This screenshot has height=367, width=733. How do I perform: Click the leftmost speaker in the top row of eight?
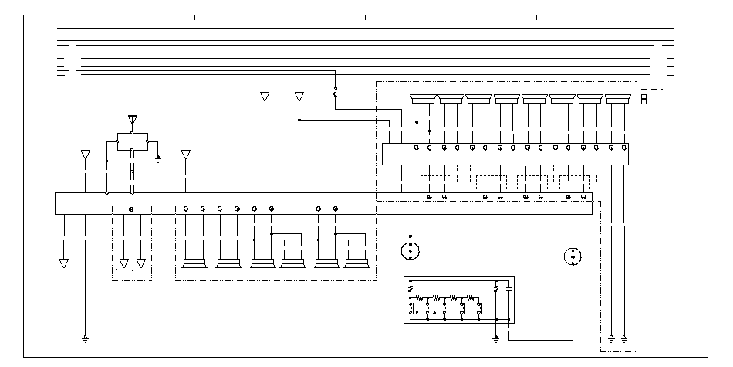tap(423, 98)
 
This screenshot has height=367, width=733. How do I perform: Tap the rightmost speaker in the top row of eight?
tap(617, 98)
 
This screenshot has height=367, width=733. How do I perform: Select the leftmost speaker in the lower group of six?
tap(194, 263)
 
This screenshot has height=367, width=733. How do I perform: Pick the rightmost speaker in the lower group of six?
tap(356, 263)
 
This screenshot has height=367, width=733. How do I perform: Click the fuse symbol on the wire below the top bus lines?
tap(335, 93)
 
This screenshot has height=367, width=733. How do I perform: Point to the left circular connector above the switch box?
tap(410, 251)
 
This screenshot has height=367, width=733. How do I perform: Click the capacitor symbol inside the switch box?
tap(508, 290)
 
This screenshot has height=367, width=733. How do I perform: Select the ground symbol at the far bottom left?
tap(85, 338)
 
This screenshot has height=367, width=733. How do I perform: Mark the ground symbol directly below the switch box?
tap(495, 338)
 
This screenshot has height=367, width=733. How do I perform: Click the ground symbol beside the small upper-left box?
tap(158, 158)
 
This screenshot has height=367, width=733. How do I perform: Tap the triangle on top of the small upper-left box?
tap(133, 121)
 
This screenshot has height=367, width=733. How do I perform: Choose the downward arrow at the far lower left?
tap(64, 263)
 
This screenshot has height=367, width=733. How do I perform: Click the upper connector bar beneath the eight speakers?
tap(505, 153)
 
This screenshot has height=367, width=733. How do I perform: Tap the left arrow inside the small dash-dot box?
tap(123, 263)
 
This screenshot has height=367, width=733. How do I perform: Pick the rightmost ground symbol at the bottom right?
tap(623, 338)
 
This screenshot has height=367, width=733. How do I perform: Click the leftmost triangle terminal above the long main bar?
tap(85, 155)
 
